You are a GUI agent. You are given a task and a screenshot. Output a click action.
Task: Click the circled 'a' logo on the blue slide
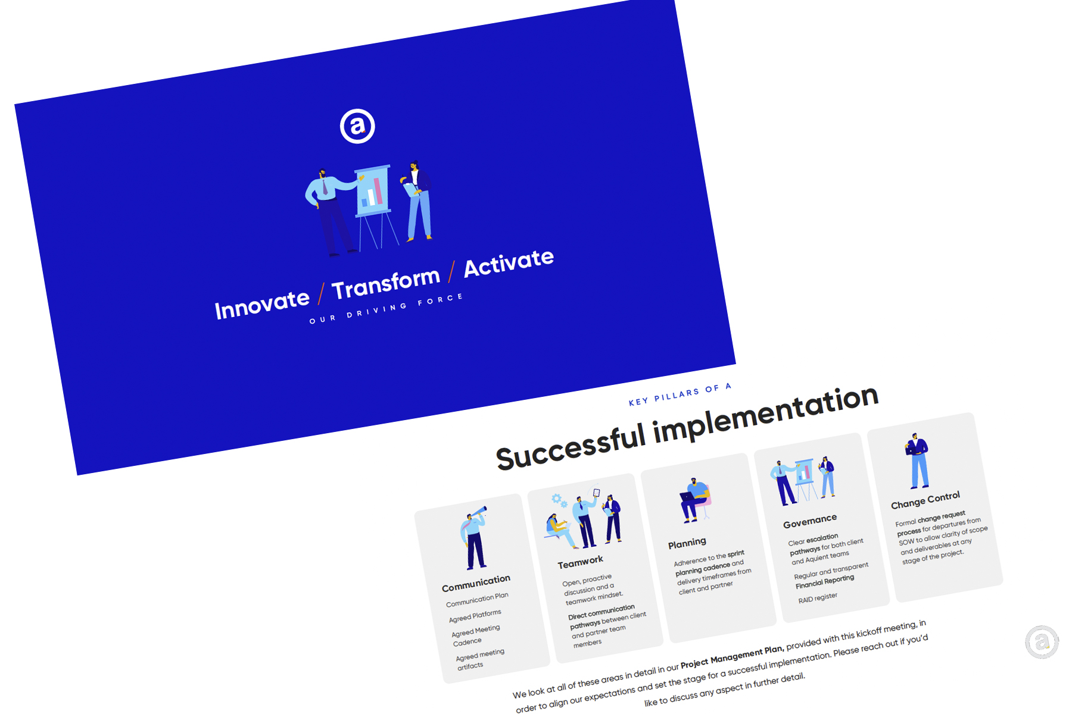click(x=357, y=126)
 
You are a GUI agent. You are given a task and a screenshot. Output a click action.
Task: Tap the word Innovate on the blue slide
click(x=262, y=305)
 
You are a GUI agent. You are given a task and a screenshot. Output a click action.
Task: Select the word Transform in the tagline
click(x=386, y=283)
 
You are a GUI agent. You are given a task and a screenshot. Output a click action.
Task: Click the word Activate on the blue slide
click(x=509, y=262)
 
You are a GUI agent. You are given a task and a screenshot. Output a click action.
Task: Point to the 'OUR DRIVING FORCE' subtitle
click(x=386, y=308)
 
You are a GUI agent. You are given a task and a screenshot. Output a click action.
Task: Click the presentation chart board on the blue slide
click(x=373, y=190)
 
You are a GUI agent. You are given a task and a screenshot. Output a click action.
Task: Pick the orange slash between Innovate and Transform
click(x=321, y=293)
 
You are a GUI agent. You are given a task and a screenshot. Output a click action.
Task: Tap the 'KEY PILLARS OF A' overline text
click(x=680, y=394)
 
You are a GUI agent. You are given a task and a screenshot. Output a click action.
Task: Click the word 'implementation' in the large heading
click(x=766, y=415)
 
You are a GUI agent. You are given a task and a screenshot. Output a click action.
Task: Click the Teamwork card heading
click(x=580, y=562)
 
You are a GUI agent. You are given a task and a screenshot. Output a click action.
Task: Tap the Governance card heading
click(x=810, y=521)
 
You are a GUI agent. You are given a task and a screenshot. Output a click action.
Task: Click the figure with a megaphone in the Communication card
click(x=474, y=538)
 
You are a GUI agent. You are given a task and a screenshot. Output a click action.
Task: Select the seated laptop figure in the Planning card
click(x=694, y=500)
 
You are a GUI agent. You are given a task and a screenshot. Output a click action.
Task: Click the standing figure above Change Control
click(x=917, y=461)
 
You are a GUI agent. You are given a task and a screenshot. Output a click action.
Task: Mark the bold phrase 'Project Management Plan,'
click(x=733, y=657)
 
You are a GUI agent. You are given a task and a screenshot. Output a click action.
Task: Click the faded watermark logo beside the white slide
click(x=1042, y=642)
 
